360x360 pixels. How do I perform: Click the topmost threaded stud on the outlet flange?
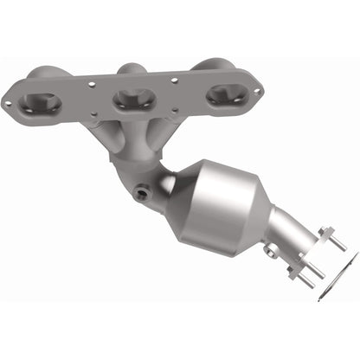point(328,232)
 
